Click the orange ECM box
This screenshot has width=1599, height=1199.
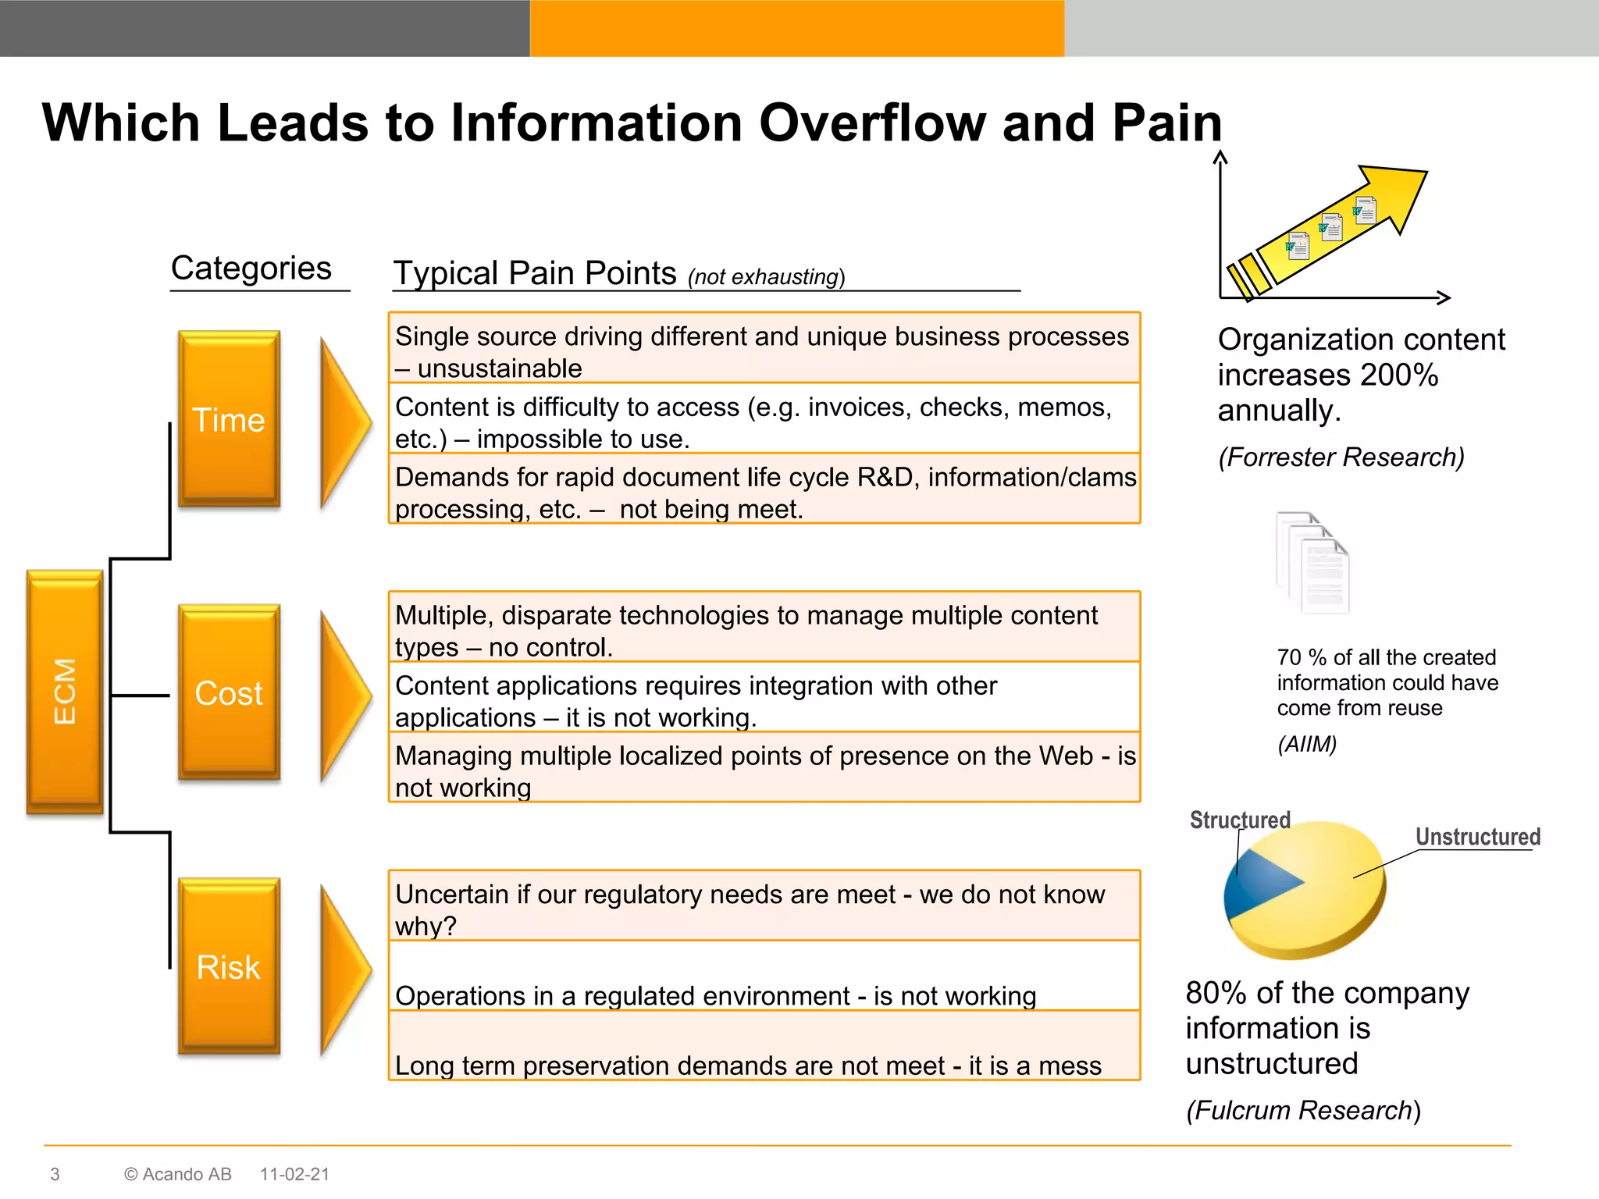[65, 692]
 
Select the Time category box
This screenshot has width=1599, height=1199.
[229, 419]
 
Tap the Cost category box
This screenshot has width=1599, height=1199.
[229, 692]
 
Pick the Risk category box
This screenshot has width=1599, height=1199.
[229, 966]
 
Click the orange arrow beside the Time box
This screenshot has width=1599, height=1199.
[344, 422]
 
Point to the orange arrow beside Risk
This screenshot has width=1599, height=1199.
[344, 970]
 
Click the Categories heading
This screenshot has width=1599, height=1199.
[251, 269]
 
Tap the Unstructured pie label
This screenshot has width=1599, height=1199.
[1477, 837]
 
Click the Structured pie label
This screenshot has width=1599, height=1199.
[1239, 820]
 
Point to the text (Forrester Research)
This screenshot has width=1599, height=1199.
[1341, 457]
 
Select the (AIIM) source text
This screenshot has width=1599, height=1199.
[1307, 744]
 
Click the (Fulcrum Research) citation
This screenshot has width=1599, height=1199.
[1303, 1110]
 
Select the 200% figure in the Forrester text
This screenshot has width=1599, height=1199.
[1399, 375]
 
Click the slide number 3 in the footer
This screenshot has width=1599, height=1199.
[55, 1174]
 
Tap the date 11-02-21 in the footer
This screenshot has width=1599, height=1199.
[294, 1174]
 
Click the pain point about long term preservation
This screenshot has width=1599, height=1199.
[748, 1065]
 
